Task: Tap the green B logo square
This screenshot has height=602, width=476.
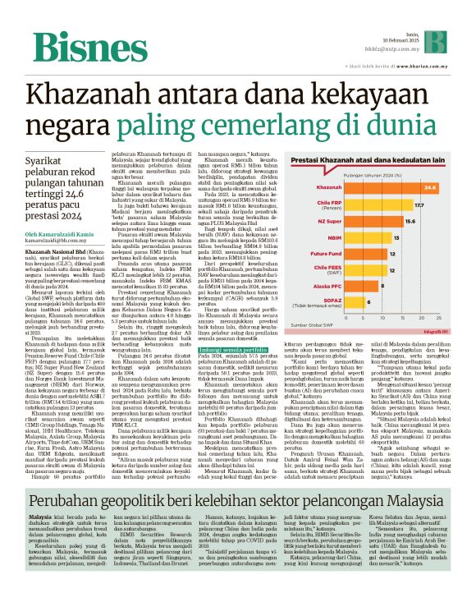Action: pyautogui.click(x=445, y=38)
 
